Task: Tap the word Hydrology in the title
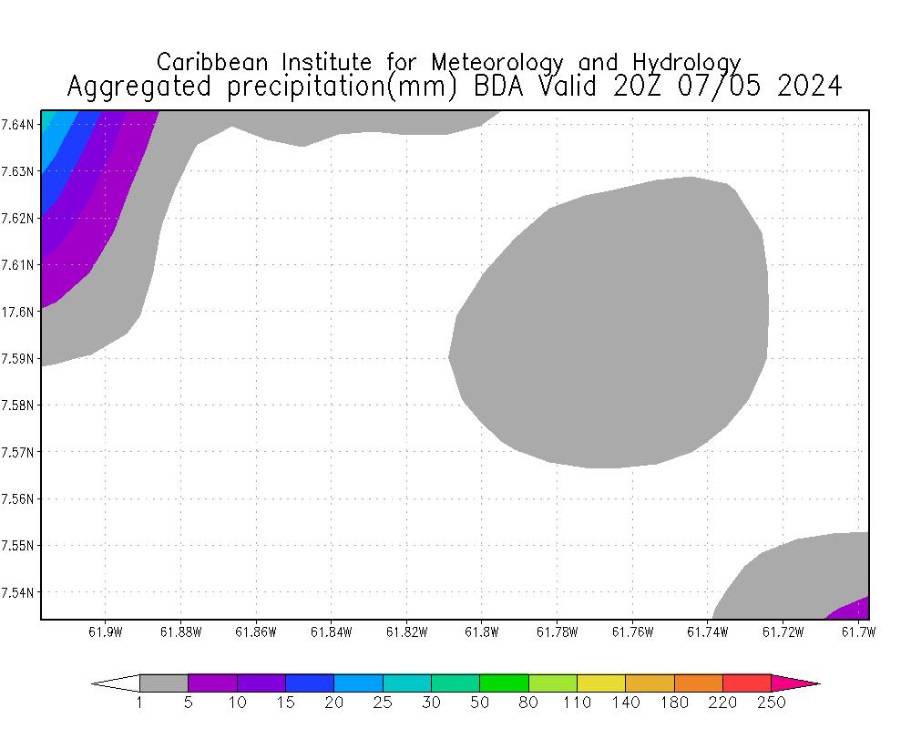click(684, 63)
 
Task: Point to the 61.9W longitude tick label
click(105, 631)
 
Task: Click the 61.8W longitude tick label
click(481, 631)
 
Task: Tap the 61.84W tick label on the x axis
click(331, 631)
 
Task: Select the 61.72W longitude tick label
click(783, 631)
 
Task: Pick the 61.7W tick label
click(857, 631)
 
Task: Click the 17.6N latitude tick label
click(18, 312)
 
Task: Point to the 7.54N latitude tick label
click(18, 592)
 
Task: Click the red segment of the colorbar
click(747, 683)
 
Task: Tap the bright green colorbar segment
click(504, 683)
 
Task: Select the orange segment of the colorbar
click(698, 683)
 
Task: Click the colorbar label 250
click(771, 703)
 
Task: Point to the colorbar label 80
click(528, 703)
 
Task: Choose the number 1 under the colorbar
click(139, 703)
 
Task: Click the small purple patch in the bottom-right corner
click(854, 609)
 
